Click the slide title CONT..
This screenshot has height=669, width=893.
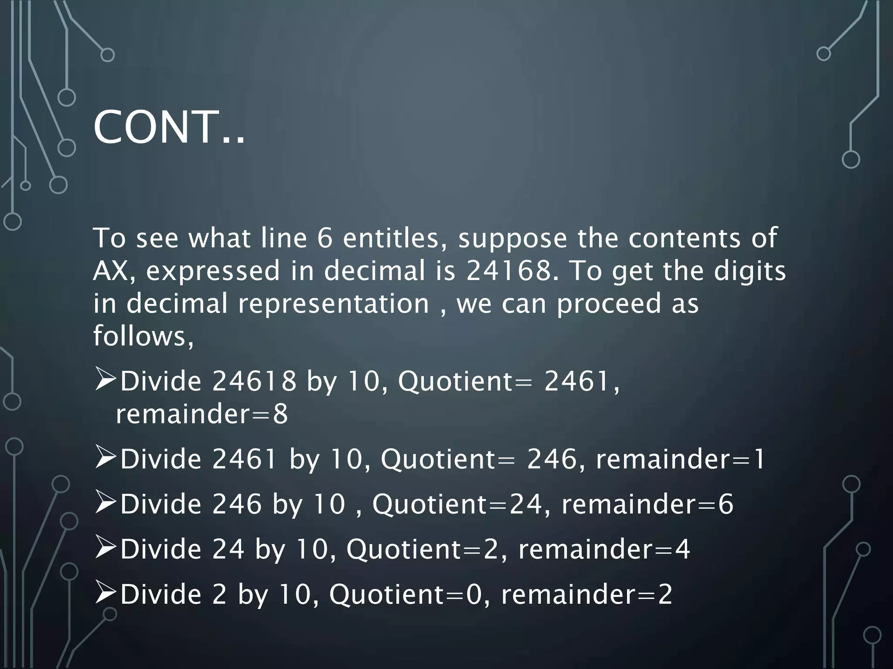[169, 128]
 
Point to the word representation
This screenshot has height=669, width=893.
[334, 304]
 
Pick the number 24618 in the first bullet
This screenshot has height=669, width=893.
[254, 382]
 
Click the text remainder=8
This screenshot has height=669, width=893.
[202, 414]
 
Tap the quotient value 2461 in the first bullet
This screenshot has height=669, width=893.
[576, 382]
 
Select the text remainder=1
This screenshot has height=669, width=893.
[680, 459]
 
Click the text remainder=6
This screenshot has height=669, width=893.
[647, 504]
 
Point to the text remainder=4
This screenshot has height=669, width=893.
[604, 549]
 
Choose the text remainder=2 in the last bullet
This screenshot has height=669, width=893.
[586, 595]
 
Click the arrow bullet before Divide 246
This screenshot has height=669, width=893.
[105, 503]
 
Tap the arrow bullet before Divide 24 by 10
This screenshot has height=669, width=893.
[105, 548]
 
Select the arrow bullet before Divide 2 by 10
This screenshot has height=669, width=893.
[105, 594]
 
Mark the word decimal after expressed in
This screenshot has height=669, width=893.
[375, 271]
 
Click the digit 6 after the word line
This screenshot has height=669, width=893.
[325, 238]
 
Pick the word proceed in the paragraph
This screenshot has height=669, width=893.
[609, 304]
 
